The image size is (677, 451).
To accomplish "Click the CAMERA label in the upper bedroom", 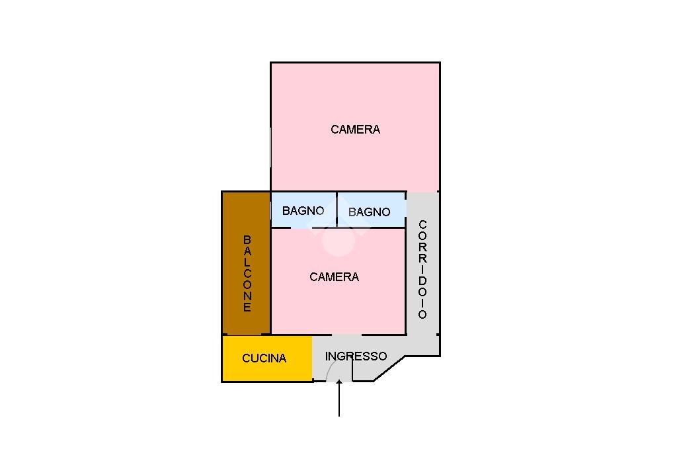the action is (x=355, y=130).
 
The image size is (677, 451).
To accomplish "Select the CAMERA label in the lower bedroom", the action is (x=334, y=277).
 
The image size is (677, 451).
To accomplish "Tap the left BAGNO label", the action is (x=303, y=211).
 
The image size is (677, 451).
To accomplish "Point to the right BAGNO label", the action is (x=369, y=212).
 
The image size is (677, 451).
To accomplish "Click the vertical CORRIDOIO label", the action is (x=422, y=269).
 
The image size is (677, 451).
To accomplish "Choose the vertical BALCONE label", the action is (x=247, y=273).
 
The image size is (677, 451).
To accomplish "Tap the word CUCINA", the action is (x=264, y=358).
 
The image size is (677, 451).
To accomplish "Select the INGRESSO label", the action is (x=356, y=356).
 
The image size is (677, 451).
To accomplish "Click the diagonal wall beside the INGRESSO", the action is (x=389, y=368).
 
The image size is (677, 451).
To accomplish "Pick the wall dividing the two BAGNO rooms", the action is (x=337, y=210).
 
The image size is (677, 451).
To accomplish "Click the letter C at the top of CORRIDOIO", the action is (x=422, y=225).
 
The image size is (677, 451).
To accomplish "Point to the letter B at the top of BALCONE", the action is (x=247, y=239).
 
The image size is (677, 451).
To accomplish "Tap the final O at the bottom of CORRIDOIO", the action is (x=422, y=314).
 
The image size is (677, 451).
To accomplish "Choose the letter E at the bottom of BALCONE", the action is (x=247, y=307).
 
